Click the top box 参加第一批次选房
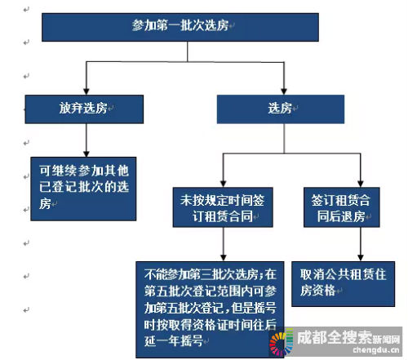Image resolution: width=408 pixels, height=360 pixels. coord(180,27)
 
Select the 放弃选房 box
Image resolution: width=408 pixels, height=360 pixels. coord(84,109)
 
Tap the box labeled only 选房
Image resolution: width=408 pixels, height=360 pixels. coord(281,109)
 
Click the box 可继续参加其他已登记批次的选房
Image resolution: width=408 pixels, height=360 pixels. coord(83,189)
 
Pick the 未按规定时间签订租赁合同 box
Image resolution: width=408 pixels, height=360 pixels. coord(223,207)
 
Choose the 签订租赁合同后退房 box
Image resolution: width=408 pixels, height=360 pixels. coord(342,207)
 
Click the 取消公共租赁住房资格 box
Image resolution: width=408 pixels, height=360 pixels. coord(343,284)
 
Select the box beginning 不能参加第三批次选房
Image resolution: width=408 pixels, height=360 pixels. coord(210,309)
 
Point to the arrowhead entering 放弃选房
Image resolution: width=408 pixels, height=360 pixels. coord(86,91)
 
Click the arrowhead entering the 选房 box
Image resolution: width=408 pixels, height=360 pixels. coord(284,91)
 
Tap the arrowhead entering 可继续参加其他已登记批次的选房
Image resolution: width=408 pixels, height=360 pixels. coord(86,153)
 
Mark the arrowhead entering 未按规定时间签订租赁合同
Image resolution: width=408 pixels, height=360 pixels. coord(223,184)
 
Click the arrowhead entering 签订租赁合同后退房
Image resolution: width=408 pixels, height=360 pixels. coord(361,184)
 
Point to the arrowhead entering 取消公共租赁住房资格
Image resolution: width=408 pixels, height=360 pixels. coord(361,258)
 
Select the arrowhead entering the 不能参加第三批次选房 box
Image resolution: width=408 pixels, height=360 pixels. coord(223,258)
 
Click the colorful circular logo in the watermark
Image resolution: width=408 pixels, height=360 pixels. coord(281,341)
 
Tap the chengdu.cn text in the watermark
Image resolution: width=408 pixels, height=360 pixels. coord(376,349)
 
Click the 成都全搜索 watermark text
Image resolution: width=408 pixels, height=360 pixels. coord(335,337)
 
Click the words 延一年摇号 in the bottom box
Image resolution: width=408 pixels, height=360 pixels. coord(174,340)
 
